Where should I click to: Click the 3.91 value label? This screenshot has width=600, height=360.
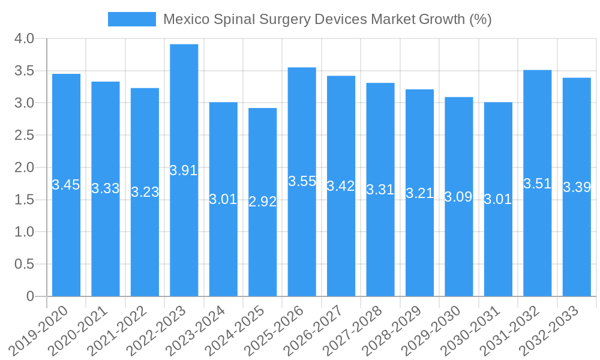pyautogui.click(x=184, y=170)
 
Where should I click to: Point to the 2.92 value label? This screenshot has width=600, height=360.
pyautogui.click(x=263, y=202)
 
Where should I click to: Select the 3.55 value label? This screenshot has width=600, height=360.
pyautogui.click(x=302, y=181)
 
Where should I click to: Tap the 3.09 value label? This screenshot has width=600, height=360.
pyautogui.click(x=458, y=196)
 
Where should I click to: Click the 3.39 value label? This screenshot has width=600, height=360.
pyautogui.click(x=577, y=187)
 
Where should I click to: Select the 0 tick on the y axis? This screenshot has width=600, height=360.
pyautogui.click(x=31, y=296)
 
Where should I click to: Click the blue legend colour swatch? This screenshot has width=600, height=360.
pyautogui.click(x=132, y=19)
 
